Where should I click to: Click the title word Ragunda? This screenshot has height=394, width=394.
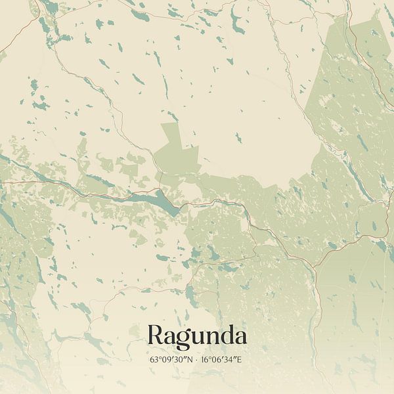tap(197, 336)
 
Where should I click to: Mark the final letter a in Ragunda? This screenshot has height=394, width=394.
tap(241, 338)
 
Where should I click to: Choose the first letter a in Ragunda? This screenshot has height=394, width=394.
tap(169, 338)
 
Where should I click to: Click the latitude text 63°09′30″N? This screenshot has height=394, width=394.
tap(169, 360)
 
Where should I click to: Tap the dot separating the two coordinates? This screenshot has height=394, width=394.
tap(196, 360)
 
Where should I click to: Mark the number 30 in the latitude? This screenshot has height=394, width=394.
tap(179, 360)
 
